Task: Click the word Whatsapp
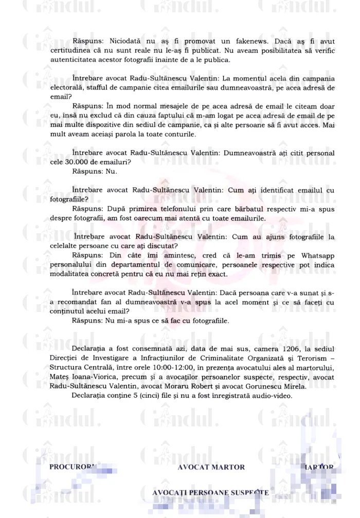[314, 255]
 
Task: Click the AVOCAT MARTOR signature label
[211, 467]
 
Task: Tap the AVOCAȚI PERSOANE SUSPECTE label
[210, 492]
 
